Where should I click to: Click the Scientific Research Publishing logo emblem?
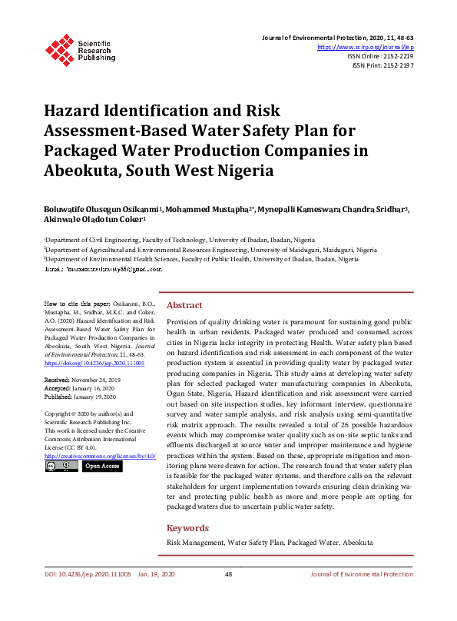[58, 48]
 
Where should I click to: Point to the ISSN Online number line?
[380, 56]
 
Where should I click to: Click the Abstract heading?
[184, 305]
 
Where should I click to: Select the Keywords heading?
[187, 528]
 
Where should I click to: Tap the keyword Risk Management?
[196, 542]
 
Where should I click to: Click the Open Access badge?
[101, 466]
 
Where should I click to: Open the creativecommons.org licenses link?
[100, 456]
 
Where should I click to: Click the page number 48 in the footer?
[228, 575]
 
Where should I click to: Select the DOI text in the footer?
[87, 575]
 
